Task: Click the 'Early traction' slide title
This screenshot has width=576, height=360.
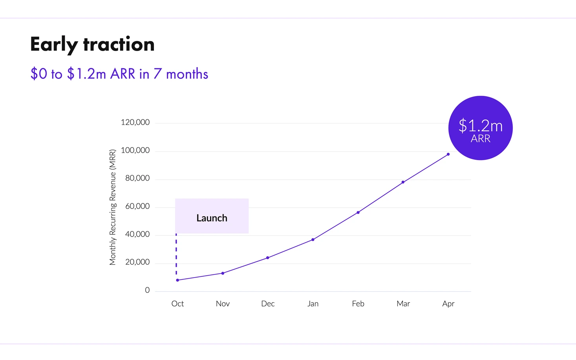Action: (92, 44)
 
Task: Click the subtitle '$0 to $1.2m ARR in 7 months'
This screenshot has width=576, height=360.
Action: (119, 74)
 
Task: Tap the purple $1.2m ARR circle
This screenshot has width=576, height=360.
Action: (480, 128)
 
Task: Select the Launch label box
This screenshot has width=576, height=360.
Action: (212, 216)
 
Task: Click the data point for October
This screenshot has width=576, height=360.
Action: (177, 280)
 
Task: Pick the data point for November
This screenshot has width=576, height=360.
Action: (223, 273)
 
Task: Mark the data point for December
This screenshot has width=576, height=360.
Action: (268, 258)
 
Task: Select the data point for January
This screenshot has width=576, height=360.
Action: (313, 239)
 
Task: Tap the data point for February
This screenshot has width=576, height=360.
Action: (358, 212)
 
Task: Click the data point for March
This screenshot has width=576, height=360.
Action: (403, 182)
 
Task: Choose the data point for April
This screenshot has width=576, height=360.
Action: (448, 154)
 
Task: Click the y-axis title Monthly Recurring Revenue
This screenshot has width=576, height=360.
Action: (113, 207)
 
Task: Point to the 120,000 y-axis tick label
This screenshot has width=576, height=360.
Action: (135, 122)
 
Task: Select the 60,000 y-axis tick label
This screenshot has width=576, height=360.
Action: (137, 206)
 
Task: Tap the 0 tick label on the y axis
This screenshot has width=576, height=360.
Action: (147, 291)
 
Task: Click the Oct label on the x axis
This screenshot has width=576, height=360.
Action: (177, 303)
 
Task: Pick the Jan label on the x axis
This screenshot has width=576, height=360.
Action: (313, 303)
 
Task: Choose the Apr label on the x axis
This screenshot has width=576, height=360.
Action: (448, 303)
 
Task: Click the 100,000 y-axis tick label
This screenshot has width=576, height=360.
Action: (135, 150)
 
